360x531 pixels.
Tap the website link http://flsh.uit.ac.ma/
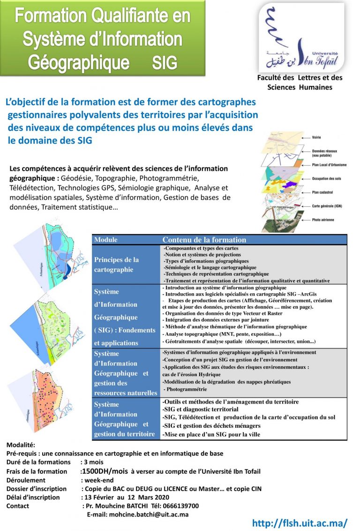coord(300,523)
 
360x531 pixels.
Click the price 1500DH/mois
coord(105,471)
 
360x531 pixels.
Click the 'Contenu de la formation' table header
coord(204,240)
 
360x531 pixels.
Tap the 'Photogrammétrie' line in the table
coord(185,389)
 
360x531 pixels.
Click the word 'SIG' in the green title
coord(165,61)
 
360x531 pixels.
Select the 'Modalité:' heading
coord(21,445)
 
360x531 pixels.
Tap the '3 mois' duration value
coord(93,462)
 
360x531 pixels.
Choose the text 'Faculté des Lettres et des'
coord(300,78)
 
